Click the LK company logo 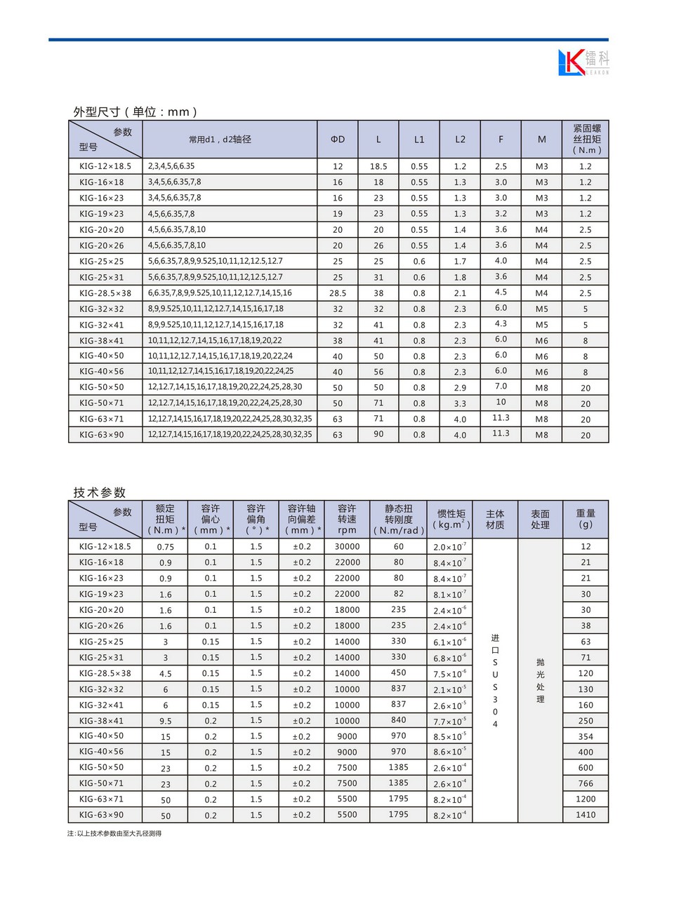[x=583, y=62]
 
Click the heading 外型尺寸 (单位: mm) [x=135, y=112]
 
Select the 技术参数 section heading [x=100, y=492]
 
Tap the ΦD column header [x=338, y=140]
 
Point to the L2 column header [x=460, y=140]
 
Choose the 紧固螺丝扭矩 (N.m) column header [x=586, y=139]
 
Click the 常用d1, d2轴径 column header [x=220, y=140]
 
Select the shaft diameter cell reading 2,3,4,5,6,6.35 [x=171, y=166]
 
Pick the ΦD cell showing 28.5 [x=338, y=293]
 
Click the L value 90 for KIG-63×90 [x=378, y=434]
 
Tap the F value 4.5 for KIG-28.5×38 [x=501, y=292]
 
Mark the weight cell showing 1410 [x=586, y=815]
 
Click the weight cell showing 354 [x=586, y=736]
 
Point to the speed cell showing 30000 [x=347, y=547]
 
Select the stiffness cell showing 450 [x=398, y=672]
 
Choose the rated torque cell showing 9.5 [x=166, y=721]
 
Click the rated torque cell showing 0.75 [x=166, y=547]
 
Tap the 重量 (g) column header [x=586, y=519]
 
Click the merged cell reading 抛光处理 [x=540, y=680]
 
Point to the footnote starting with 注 [x=114, y=833]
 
